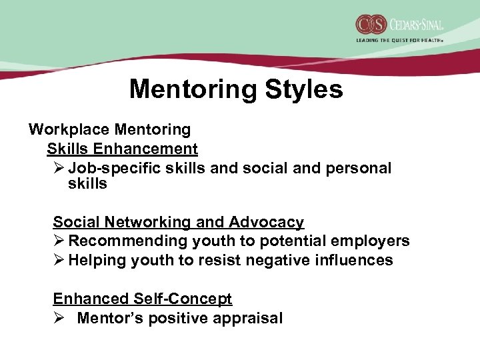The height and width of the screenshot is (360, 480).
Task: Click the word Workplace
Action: pos(69,129)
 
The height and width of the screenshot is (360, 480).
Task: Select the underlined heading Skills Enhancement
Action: pos(122,149)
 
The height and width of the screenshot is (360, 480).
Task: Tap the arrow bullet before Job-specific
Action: pos(58,168)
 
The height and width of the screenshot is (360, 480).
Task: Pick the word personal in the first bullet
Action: pos(359,168)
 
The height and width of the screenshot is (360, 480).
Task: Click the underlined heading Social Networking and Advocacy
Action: pos(178,222)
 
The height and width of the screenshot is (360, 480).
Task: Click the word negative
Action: pos(277,260)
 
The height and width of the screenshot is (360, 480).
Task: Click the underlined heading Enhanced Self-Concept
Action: pos(142,299)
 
